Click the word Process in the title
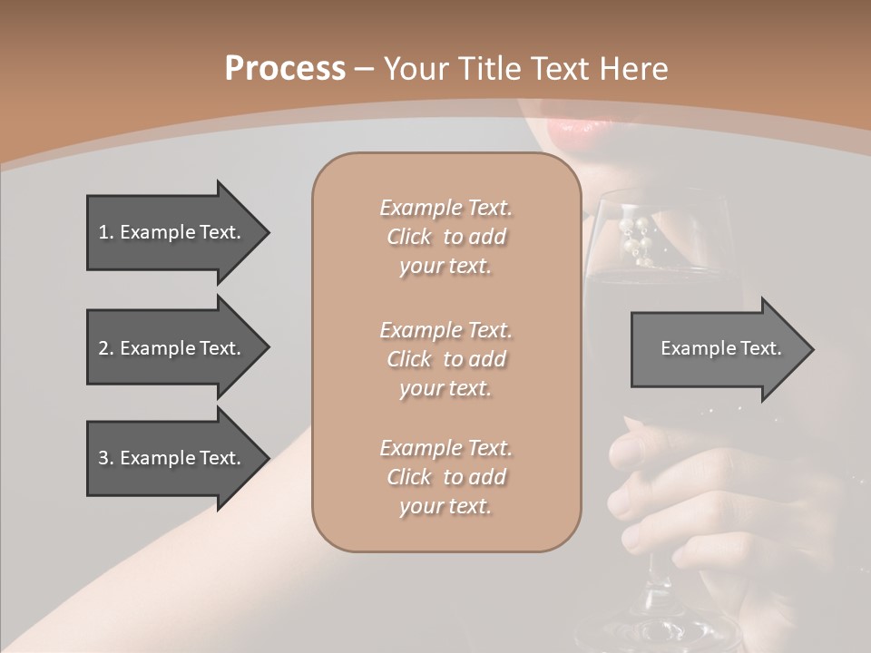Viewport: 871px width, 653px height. coord(285,69)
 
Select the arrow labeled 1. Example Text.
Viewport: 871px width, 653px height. coord(172,232)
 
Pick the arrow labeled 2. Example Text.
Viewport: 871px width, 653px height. coord(172,348)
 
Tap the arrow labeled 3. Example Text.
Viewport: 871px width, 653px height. coord(172,458)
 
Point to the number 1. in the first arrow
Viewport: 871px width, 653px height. coord(106,232)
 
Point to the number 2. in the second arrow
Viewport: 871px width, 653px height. coord(106,348)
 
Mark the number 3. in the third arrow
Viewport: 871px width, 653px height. coord(106,458)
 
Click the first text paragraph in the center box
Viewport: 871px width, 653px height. coord(445,237)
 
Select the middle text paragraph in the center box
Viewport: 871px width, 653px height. coord(445,359)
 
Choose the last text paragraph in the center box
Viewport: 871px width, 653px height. coord(445,477)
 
